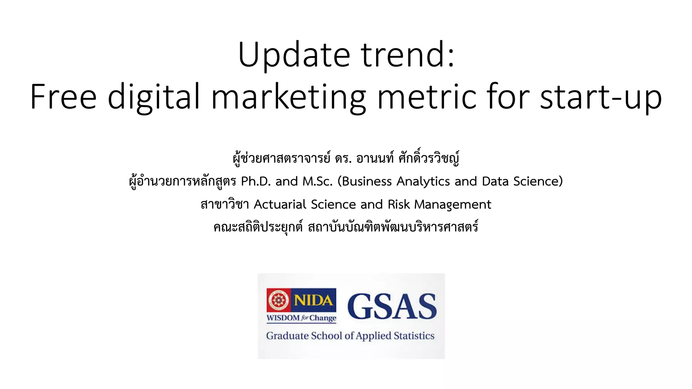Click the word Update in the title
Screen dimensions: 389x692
[294, 55]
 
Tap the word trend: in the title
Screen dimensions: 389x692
[408, 55]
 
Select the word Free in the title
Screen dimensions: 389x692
[64, 97]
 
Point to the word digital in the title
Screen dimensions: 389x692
[154, 97]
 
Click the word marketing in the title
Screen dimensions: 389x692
[289, 97]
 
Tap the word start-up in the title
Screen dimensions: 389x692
[601, 97]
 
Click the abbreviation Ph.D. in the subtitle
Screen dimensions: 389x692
[256, 181]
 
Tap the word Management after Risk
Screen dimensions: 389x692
[452, 205]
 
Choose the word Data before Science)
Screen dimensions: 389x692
[495, 181]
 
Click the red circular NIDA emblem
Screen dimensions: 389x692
[278, 300]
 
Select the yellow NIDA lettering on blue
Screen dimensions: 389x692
[313, 300]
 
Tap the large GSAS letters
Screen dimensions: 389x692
[392, 306]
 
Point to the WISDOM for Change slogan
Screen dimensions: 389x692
[301, 318]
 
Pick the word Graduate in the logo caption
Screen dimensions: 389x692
[287, 336]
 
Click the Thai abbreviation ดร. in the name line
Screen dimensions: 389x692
[343, 158]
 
